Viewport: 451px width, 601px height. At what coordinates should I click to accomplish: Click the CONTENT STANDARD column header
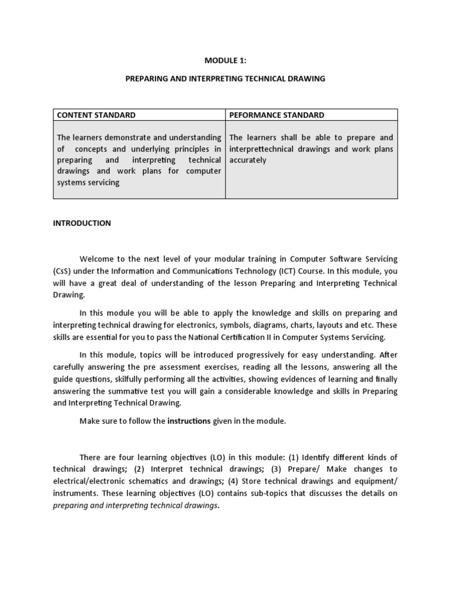[96, 115]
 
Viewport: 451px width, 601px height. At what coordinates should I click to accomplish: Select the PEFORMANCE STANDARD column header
[277, 115]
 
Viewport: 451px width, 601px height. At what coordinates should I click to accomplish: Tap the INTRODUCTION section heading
[82, 223]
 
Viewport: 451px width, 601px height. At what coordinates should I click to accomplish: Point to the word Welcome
[97, 259]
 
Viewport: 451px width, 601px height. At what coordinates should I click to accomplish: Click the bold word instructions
[189, 421]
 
